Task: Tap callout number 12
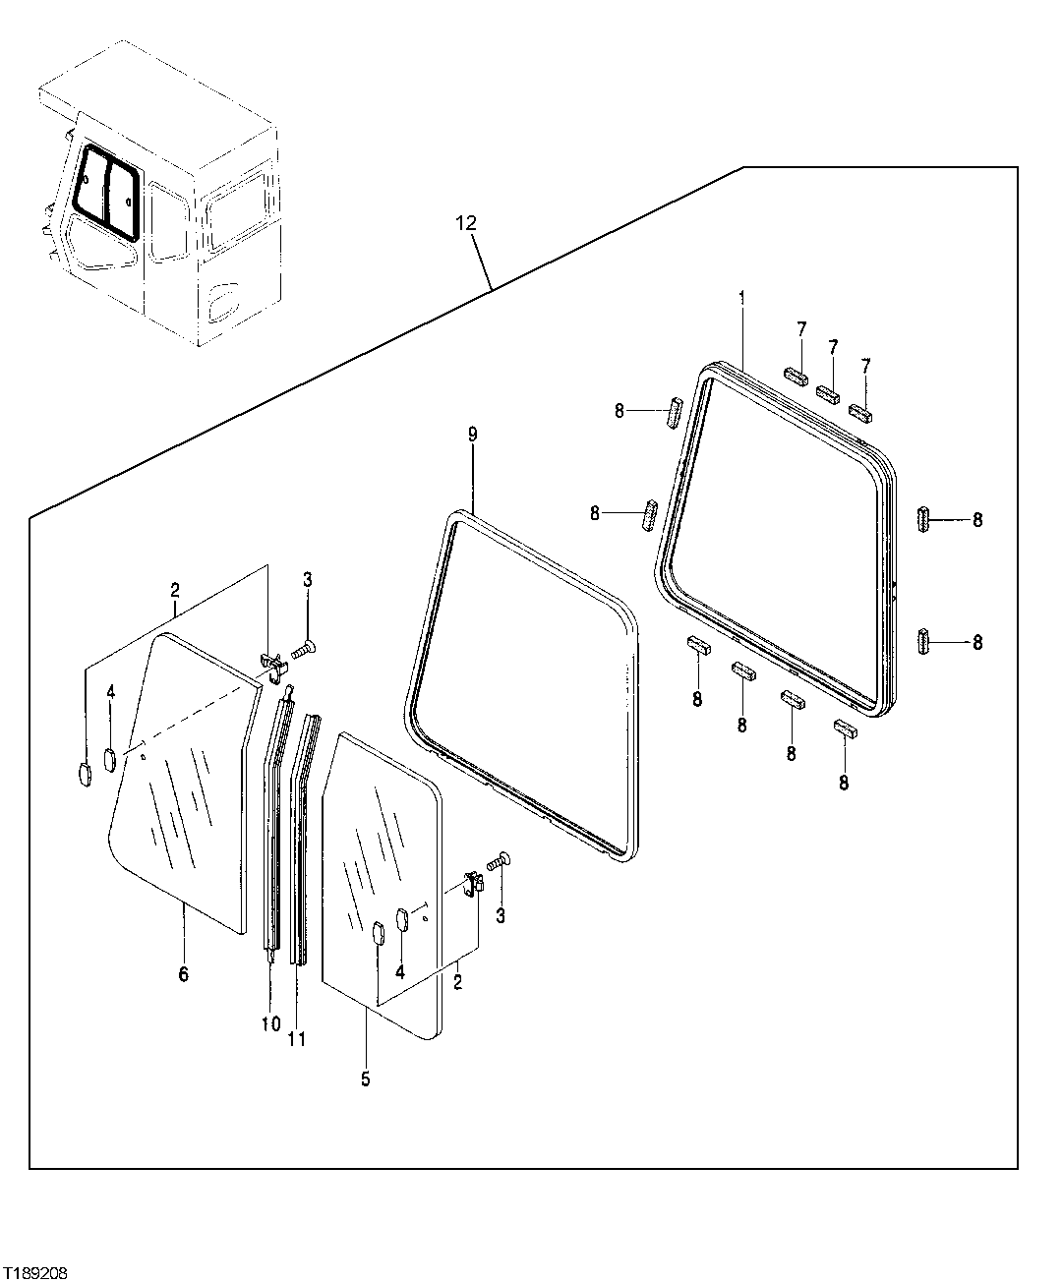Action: click(x=465, y=224)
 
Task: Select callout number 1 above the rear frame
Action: click(x=742, y=296)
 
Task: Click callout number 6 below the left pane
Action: click(x=183, y=974)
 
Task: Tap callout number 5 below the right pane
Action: click(x=366, y=1078)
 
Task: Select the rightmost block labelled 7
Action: click(x=861, y=413)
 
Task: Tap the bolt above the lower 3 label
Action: click(x=502, y=860)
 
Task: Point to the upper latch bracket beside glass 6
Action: click(x=273, y=666)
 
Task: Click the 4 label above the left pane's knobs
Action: click(x=111, y=693)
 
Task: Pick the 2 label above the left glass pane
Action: click(x=175, y=590)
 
